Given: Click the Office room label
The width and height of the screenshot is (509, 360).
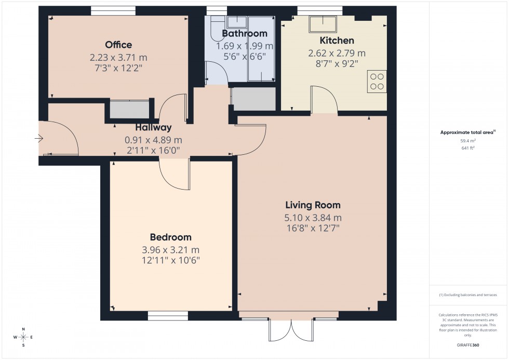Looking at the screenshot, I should point(118,45).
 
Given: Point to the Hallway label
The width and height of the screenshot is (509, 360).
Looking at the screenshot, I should point(153,128).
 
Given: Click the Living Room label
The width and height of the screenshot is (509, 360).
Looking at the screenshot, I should point(312,205).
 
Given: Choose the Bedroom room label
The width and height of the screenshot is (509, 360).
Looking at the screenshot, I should point(170,237).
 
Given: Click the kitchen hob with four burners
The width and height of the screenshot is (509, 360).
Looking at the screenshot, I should point(377,82).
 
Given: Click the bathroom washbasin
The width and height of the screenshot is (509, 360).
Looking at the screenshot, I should point(237,21).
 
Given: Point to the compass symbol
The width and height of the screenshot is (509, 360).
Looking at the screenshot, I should point(23,337).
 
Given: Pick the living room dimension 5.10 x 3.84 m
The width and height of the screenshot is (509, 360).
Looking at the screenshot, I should point(312,218).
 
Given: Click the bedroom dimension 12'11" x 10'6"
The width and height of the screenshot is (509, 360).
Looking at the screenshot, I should point(170,260).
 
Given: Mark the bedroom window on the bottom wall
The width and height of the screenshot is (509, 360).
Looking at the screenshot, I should point(168,315).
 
